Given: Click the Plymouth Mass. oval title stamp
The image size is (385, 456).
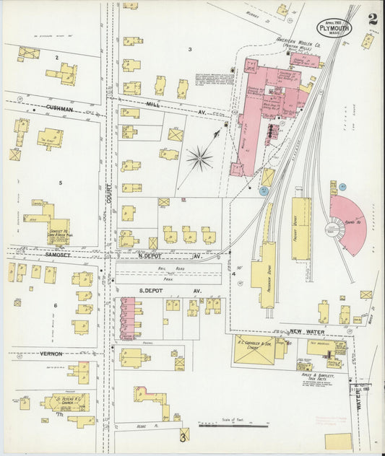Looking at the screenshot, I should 334,29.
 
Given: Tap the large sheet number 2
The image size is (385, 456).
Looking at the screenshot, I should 371,19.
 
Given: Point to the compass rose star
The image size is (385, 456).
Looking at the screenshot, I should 199,157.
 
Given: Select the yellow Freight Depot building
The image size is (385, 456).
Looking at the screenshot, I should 300,228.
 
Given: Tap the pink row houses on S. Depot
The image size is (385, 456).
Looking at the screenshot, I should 128,315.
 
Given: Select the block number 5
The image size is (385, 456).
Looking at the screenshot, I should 61,183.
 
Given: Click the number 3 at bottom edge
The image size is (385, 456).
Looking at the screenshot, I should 183,437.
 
